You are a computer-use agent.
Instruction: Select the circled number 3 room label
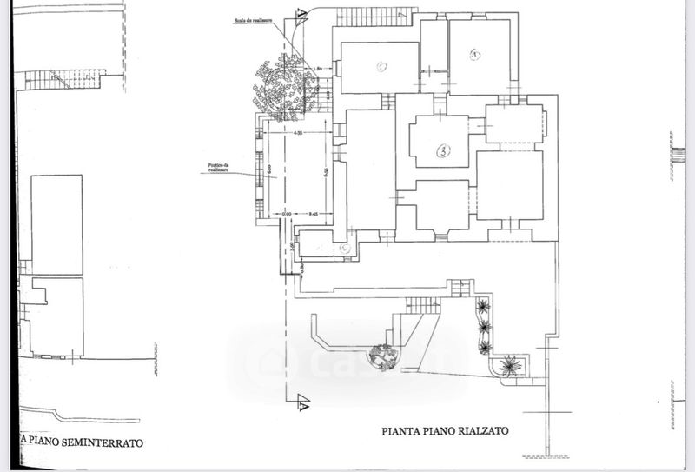tap(442, 151)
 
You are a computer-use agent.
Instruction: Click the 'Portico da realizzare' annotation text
tap(218, 167)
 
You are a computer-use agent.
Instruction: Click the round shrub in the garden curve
tap(381, 354)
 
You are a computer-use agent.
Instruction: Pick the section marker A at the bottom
tap(302, 402)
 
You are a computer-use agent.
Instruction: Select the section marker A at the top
tap(301, 15)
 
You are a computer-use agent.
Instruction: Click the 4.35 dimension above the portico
tap(297, 133)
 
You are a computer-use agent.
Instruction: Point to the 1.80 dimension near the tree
tap(317, 68)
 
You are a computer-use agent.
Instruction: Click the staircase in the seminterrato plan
tap(61, 81)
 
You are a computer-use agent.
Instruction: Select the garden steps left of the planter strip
tap(423, 305)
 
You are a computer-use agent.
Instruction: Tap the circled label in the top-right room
tap(474, 56)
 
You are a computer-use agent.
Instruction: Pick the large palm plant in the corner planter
tap(510, 365)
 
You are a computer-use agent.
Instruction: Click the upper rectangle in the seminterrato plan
tap(57, 224)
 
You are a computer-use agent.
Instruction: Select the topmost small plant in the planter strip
tap(483, 306)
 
